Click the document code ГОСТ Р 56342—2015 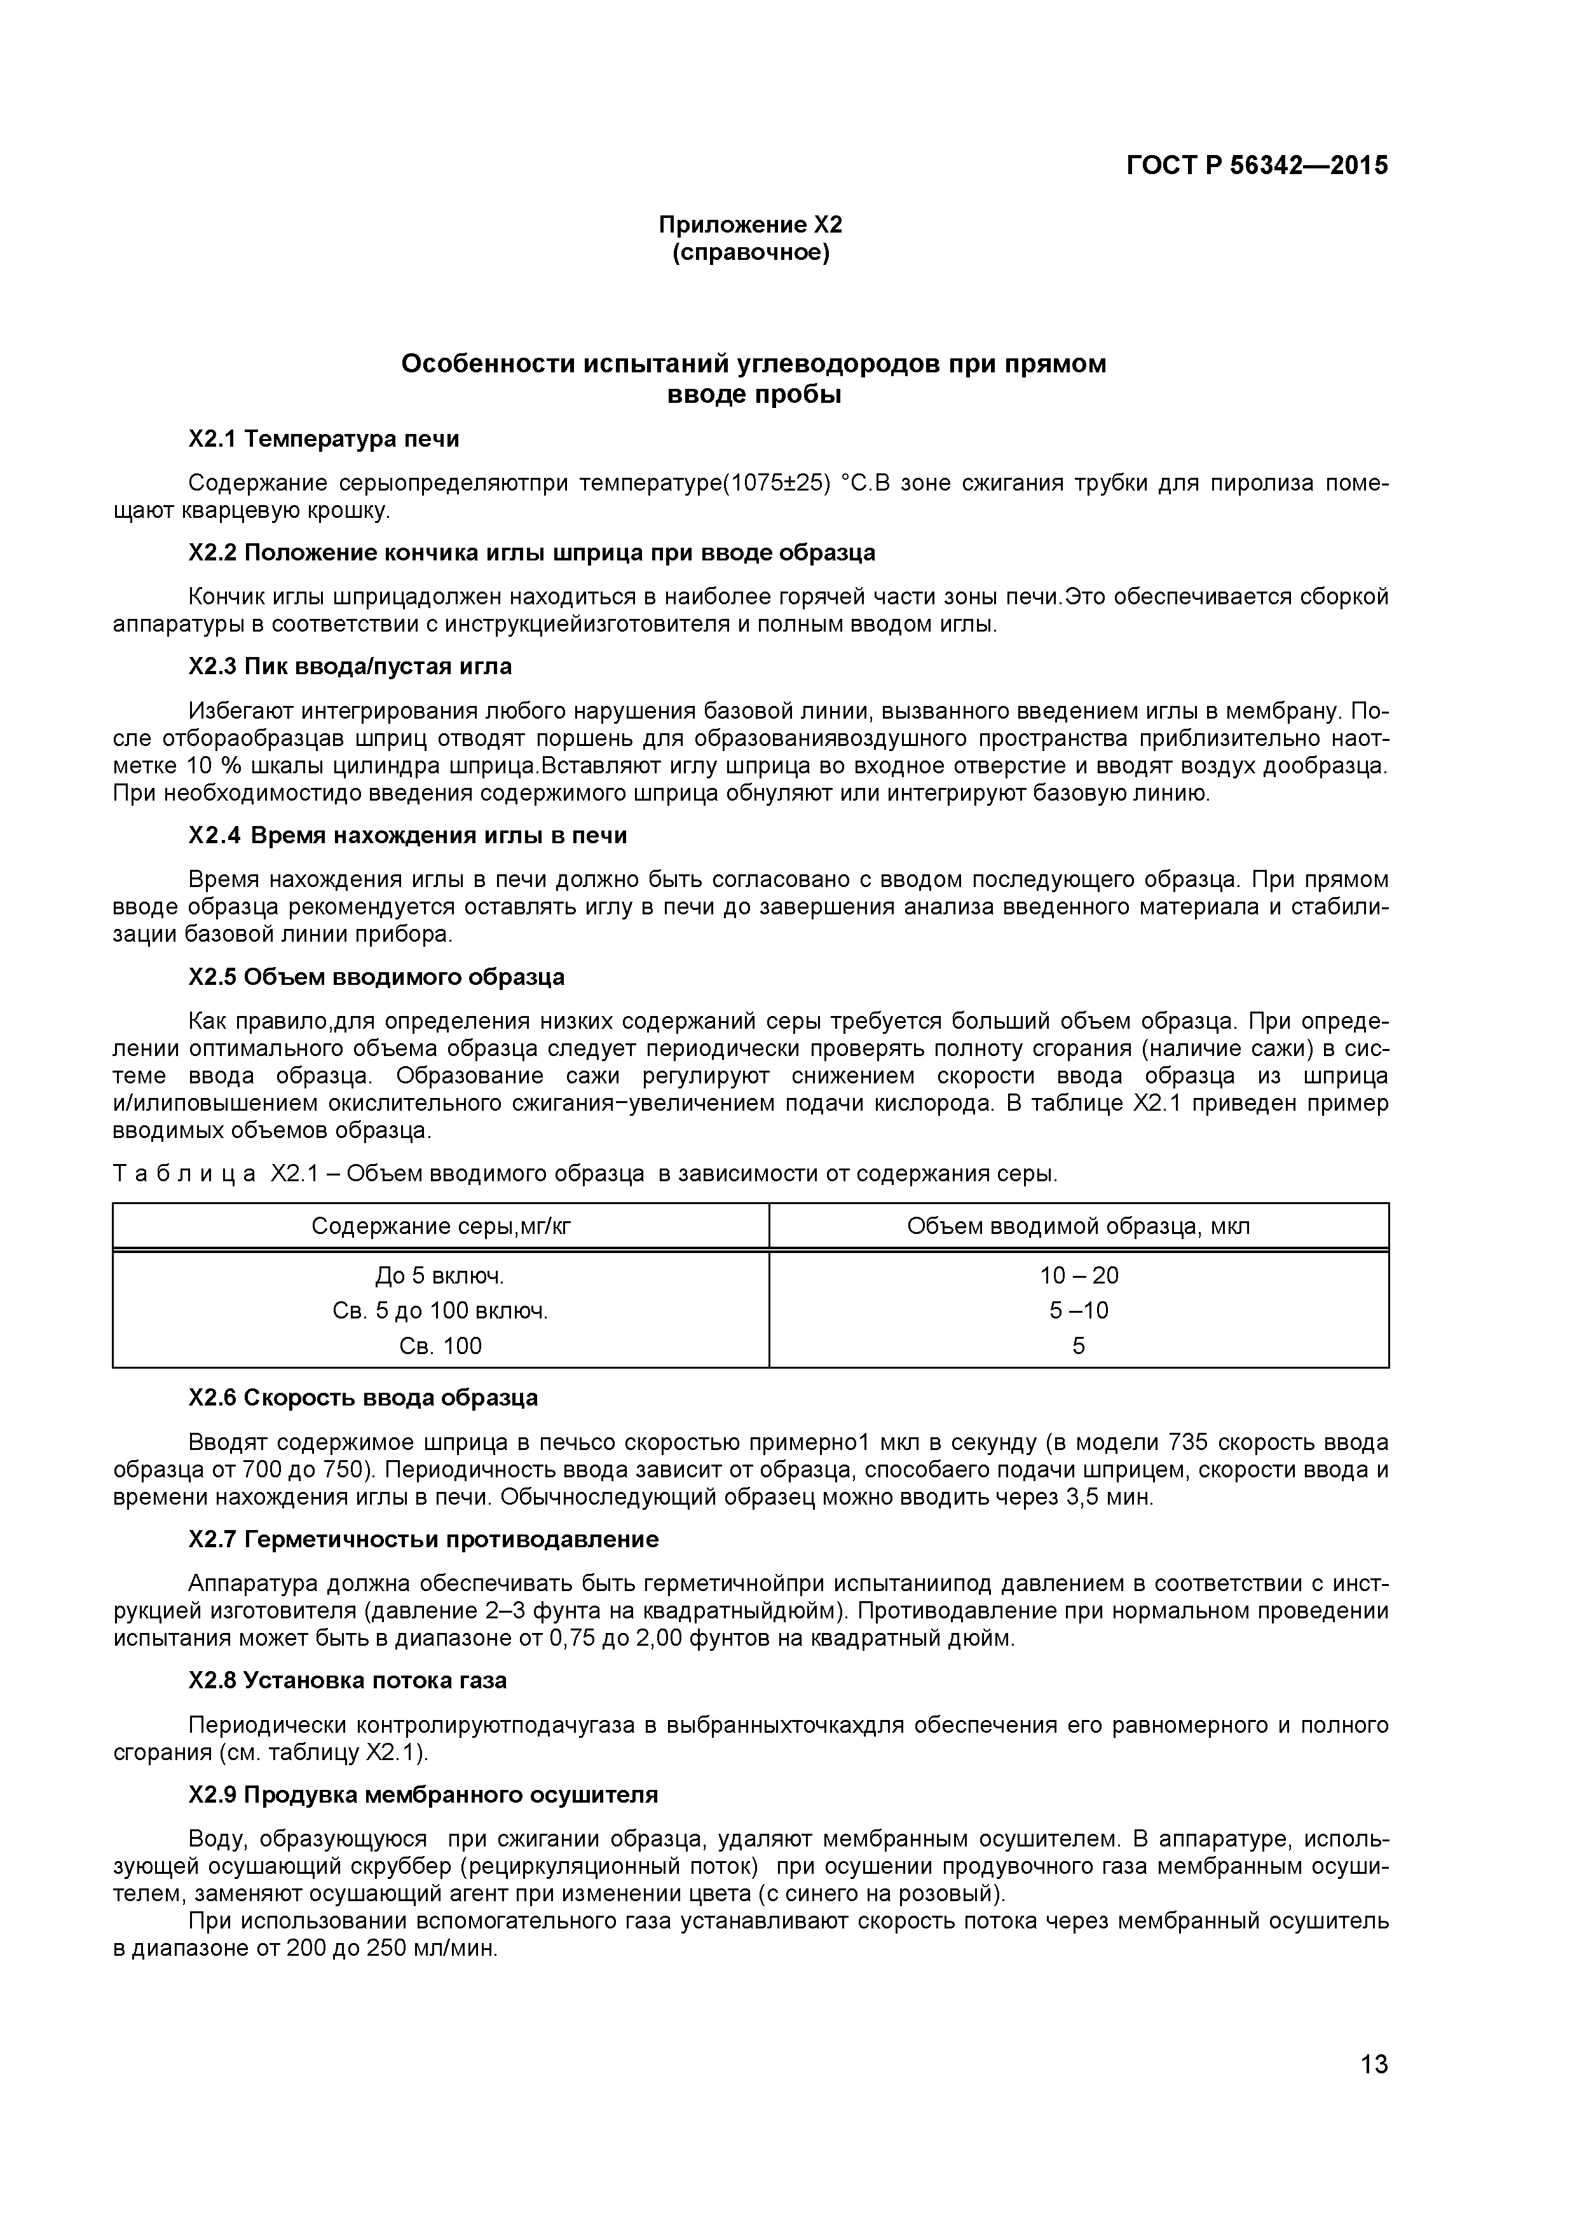coord(1257,166)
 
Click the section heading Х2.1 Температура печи coord(324,440)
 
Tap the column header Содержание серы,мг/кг coord(441,1226)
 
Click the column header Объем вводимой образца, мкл coord(1078,1226)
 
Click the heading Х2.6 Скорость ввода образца coord(363,1398)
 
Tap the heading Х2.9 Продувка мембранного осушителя coord(423,1795)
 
